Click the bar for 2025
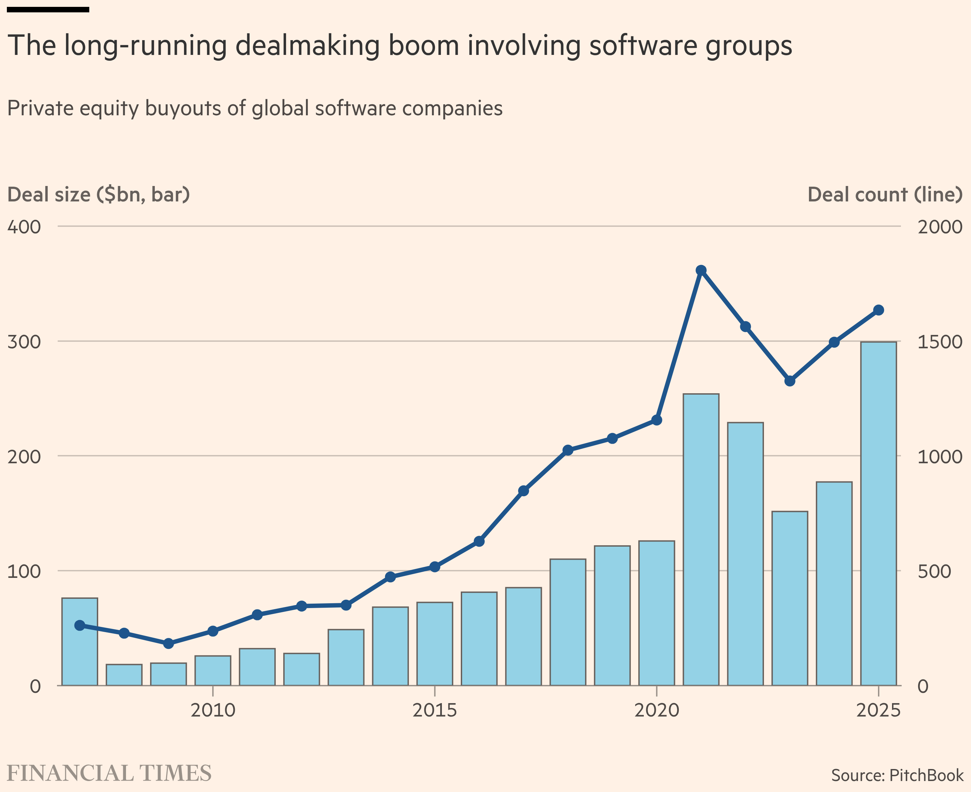point(878,514)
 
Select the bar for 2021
point(701,540)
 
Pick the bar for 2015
point(435,644)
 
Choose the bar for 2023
point(790,598)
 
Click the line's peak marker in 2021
point(701,270)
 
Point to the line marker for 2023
point(790,381)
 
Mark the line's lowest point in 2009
point(169,644)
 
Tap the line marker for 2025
point(878,310)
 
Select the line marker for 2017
point(524,491)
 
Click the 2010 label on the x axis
point(213,711)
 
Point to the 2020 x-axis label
point(656,711)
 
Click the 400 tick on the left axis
point(24,227)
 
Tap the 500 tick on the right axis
point(934,571)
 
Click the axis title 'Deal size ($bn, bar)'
point(99,195)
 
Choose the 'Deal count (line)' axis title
point(885,195)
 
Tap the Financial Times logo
point(109,773)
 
